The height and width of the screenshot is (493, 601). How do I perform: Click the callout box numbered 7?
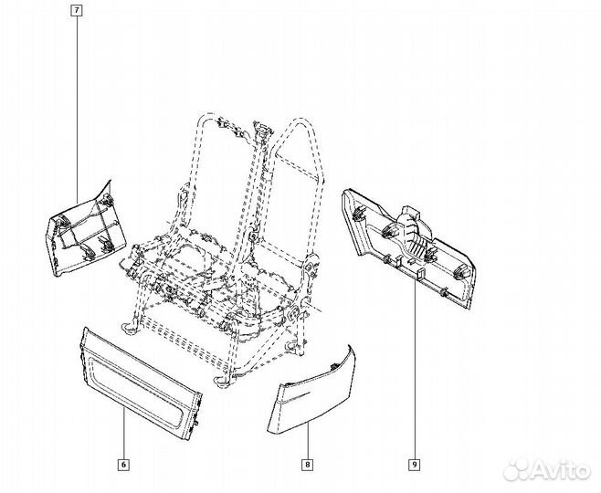76,11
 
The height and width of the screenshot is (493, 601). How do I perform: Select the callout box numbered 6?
123,464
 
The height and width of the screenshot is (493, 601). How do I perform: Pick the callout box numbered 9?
414,464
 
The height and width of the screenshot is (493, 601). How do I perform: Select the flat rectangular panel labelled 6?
142,374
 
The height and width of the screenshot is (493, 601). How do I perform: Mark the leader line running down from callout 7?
76,100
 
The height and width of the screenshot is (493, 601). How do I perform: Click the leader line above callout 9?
414,365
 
